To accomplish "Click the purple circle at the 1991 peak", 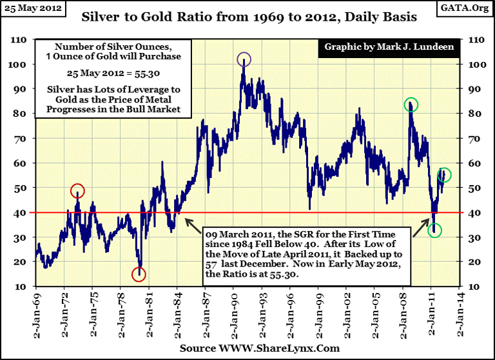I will tap(244, 60).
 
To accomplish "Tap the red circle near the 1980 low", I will tap(139, 274).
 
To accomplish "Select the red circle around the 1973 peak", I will tap(77, 191).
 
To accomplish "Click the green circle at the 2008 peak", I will tap(411, 105).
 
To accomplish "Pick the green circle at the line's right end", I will tap(445, 175).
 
